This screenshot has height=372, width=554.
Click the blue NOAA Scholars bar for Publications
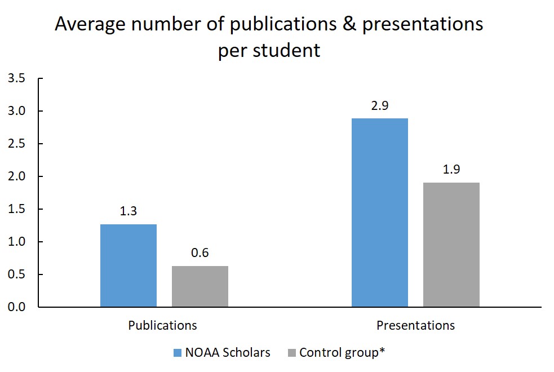(x=128, y=265)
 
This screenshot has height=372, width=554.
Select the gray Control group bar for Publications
(x=200, y=286)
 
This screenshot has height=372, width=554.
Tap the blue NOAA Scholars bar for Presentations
(x=380, y=212)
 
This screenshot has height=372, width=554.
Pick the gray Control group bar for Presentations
(x=451, y=245)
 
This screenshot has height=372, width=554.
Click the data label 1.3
(x=128, y=211)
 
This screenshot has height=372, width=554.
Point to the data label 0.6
(x=200, y=253)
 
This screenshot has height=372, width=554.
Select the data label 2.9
(x=380, y=105)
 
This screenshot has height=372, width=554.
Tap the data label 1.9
(x=451, y=170)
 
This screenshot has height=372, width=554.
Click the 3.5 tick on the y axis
(x=17, y=78)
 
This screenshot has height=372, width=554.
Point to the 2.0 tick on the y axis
(x=17, y=176)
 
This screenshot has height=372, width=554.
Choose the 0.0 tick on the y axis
(x=17, y=307)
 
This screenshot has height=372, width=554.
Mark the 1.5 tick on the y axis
(x=17, y=209)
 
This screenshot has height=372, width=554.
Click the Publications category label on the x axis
(x=163, y=325)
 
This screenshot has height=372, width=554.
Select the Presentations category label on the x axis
(x=415, y=325)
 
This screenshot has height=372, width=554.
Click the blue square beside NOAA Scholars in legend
(x=178, y=353)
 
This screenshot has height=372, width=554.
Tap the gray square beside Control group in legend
(x=291, y=353)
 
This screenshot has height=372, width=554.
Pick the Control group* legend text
(x=342, y=353)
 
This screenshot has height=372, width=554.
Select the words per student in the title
(x=269, y=51)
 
